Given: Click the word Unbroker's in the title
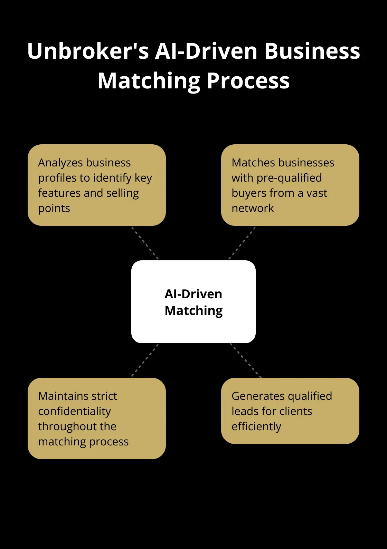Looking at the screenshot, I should (88, 51).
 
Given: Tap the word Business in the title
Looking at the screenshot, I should (312, 51).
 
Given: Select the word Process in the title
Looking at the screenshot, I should (248, 81).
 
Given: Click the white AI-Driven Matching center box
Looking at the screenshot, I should (193, 302).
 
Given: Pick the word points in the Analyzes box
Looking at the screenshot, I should (54, 209).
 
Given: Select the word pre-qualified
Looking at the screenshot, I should (289, 178).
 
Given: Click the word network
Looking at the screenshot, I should (253, 208).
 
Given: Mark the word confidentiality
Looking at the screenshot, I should (74, 411).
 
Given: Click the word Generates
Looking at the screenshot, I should (258, 396).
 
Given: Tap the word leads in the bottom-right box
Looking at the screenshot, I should (245, 411).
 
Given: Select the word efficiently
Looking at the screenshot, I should (256, 427).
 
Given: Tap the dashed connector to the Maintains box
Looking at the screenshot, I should (145, 360).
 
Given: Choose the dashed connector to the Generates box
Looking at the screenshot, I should (245, 360).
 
